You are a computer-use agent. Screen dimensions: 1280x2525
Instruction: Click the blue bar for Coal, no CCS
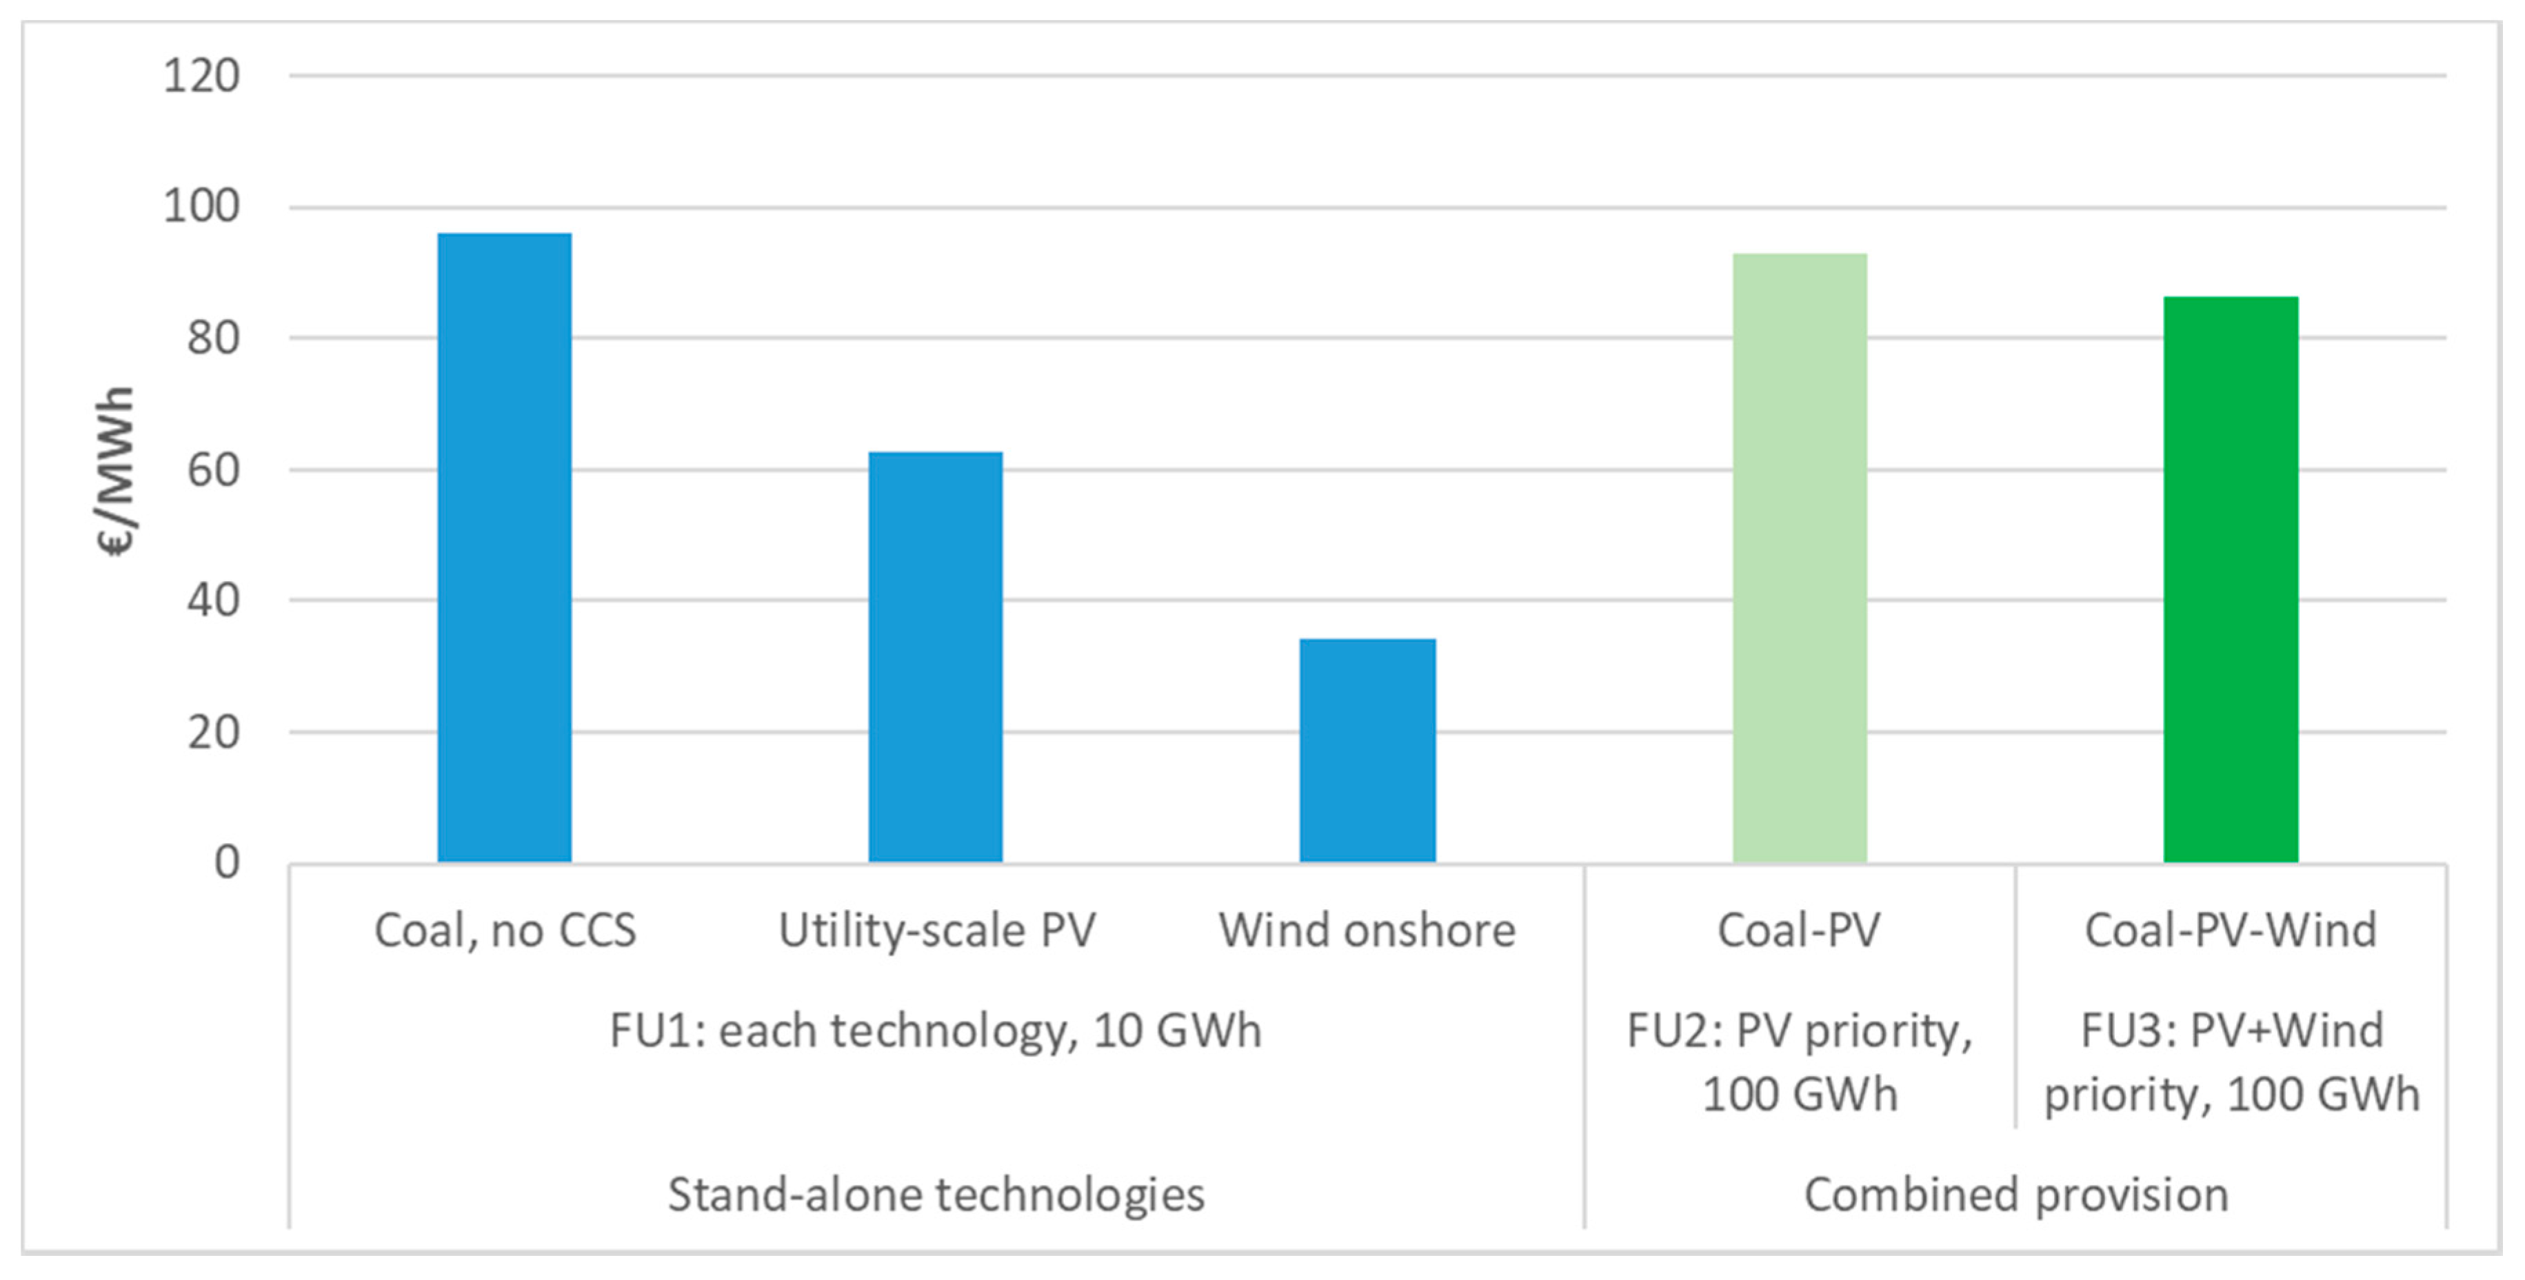504,549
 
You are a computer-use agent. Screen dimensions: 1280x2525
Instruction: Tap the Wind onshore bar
1367,751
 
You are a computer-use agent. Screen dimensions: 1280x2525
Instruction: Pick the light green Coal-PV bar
1800,558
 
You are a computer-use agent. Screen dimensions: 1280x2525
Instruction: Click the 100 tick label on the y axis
201,207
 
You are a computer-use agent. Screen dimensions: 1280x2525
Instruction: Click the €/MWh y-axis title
116,471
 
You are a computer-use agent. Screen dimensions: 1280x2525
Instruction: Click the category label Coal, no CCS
505,930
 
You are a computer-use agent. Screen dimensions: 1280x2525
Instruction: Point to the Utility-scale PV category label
936,930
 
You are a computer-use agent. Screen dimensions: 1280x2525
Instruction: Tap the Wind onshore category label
1367,930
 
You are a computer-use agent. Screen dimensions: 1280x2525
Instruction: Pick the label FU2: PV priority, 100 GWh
1800,1062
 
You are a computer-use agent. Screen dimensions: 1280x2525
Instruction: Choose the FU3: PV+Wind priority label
2231,1062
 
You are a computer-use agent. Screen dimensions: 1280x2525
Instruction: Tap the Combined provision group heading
2015,1195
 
